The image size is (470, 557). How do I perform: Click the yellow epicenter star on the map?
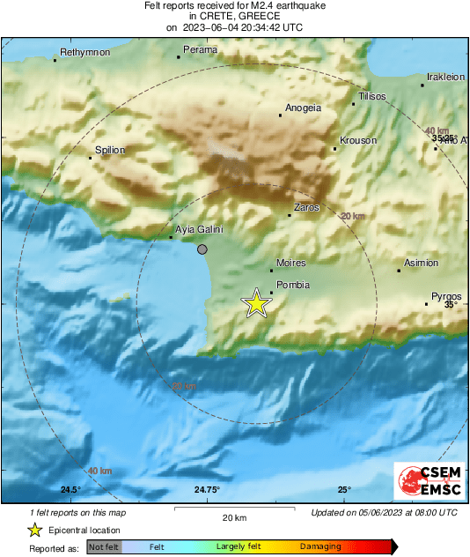point(256,303)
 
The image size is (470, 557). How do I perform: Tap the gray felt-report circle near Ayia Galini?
point(202,250)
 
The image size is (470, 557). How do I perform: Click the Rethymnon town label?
point(84,53)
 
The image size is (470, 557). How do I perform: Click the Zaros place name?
point(306,208)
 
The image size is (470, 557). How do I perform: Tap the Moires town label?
point(290,263)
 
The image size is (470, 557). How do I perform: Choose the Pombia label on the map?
point(292,285)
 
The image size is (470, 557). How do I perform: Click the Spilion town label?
point(111,151)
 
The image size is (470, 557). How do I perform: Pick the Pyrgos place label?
point(446,296)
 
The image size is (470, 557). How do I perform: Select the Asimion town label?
point(420,264)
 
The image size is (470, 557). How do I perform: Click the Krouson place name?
point(358,141)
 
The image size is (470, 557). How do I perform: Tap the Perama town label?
point(200,50)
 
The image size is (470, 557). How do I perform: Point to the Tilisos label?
point(372,97)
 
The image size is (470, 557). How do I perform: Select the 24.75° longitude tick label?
point(207,490)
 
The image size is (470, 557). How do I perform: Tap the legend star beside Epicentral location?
point(34,530)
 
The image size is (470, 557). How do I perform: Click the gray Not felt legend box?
point(104,547)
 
